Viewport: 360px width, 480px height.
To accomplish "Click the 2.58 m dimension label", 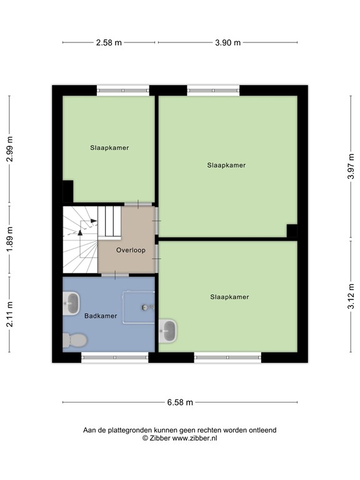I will coord(109,42).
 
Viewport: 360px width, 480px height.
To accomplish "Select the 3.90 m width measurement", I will coord(227,42).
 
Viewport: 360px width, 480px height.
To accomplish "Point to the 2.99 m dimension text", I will coord(9,150).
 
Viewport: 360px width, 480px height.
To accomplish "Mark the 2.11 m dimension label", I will coord(9,315).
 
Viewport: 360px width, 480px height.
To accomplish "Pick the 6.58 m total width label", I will coord(180,402).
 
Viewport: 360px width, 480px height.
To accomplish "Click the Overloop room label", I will coord(131,250).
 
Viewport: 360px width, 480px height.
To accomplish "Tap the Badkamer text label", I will coord(101,316).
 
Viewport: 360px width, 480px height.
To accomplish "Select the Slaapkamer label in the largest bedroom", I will coord(226,165).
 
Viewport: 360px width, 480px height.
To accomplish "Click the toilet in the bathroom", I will coord(75,340).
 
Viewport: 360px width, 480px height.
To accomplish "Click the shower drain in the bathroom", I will coord(146,307).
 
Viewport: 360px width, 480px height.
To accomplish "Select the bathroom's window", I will coord(114,357).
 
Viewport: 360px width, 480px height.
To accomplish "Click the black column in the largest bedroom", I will coord(291,231).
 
